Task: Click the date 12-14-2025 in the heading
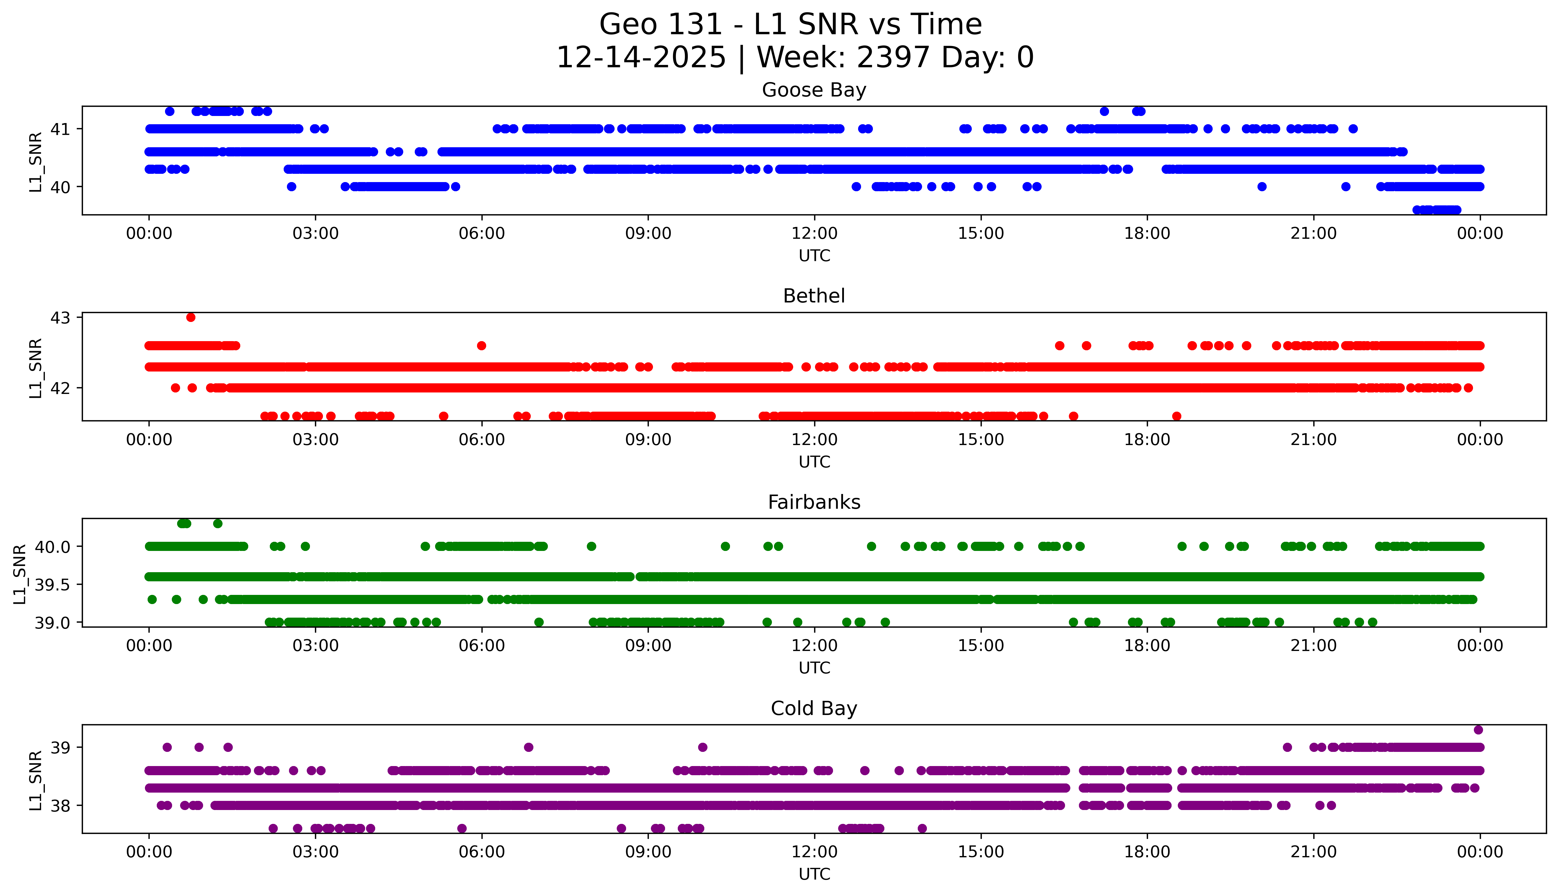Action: click(641, 58)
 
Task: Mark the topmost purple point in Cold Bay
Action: click(1479, 730)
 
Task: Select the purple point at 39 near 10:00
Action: click(703, 747)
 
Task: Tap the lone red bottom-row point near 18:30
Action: click(1177, 416)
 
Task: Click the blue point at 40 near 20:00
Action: click(1262, 186)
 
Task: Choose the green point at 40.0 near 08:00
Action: click(592, 546)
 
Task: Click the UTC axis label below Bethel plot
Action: click(814, 462)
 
